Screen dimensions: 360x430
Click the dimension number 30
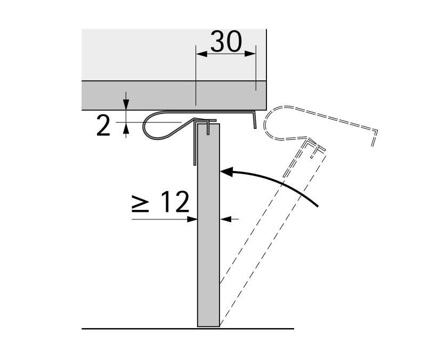226,42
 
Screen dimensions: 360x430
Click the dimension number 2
104,126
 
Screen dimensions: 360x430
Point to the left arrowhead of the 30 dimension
200,53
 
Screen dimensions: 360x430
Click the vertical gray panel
208,240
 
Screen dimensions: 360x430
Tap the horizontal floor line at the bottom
133,329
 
